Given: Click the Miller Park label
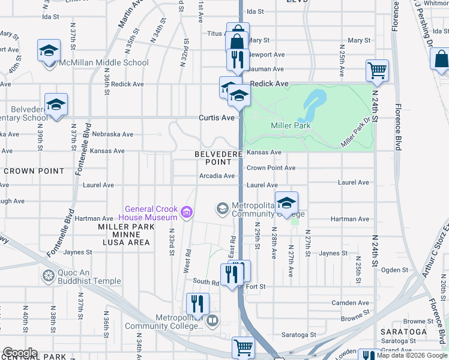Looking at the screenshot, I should point(291,125).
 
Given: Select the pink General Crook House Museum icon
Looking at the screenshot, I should point(186,211).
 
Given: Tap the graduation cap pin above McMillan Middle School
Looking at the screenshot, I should point(49,50).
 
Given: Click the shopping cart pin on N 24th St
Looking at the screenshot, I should point(377,70).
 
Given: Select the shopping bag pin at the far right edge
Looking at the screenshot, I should point(441,59).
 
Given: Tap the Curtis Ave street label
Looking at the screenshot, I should point(217,118).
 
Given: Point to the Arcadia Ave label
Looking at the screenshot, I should point(217,176).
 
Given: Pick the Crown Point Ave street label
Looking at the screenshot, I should point(271,168).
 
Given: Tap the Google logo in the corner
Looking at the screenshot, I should point(19,353).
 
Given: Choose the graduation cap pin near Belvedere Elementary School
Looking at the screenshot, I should point(56,105).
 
